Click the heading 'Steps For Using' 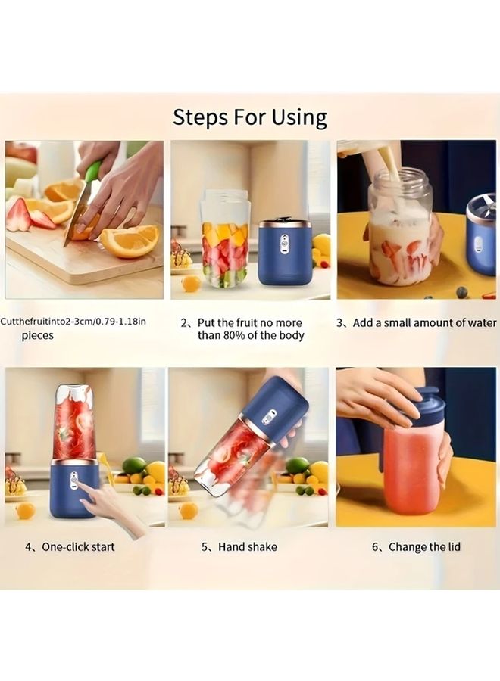click(250, 117)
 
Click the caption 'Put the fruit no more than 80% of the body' click(251, 328)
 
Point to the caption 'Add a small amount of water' click(417, 322)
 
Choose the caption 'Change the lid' click(416, 546)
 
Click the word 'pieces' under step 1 click(37, 335)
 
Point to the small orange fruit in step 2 click(192, 283)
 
